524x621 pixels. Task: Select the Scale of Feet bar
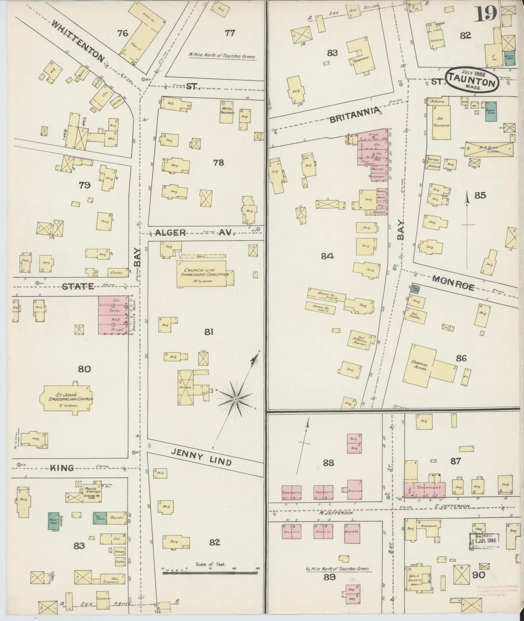coord(210,572)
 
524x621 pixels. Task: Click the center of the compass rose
coord(236,399)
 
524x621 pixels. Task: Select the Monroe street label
coord(453,283)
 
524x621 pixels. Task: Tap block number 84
coord(327,256)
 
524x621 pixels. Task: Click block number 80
coord(84,369)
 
